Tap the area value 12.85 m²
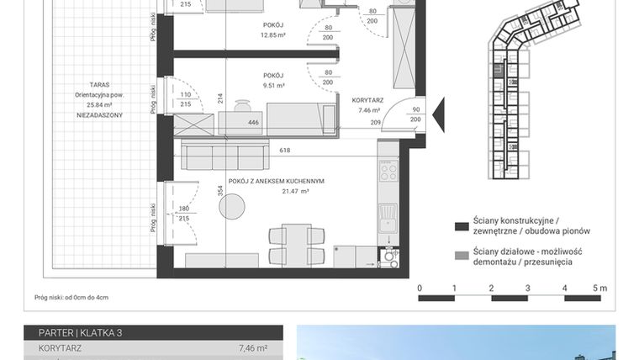(x=274, y=35)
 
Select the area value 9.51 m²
(x=274, y=85)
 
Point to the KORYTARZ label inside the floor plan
(x=367, y=100)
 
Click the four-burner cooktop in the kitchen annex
(x=388, y=171)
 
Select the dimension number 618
(x=284, y=150)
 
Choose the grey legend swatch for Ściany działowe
(x=461, y=254)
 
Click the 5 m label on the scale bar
(x=599, y=288)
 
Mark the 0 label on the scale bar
(x=420, y=288)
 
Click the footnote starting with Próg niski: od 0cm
(x=71, y=297)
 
